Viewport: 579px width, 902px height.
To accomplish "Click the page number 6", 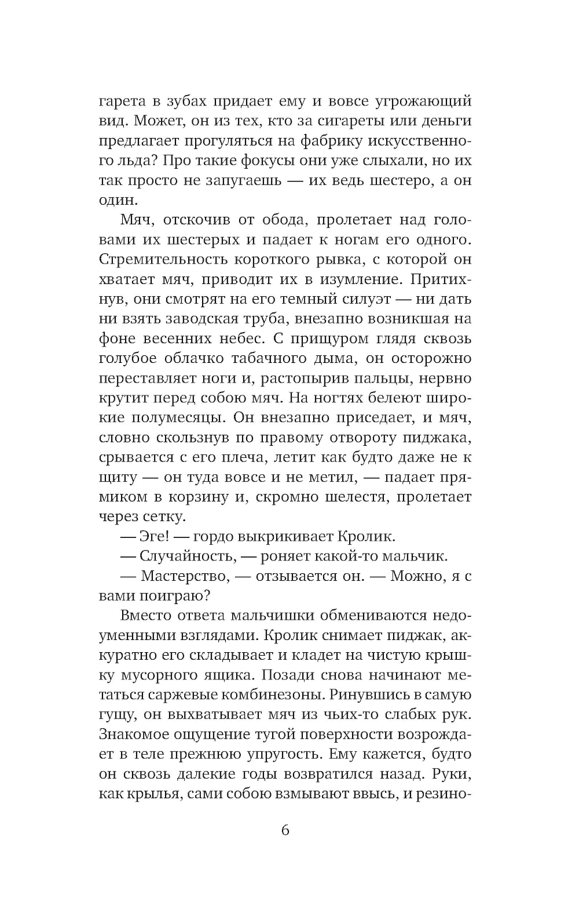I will click(x=285, y=830).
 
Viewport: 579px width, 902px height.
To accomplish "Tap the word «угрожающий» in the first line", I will click(x=417, y=102).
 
